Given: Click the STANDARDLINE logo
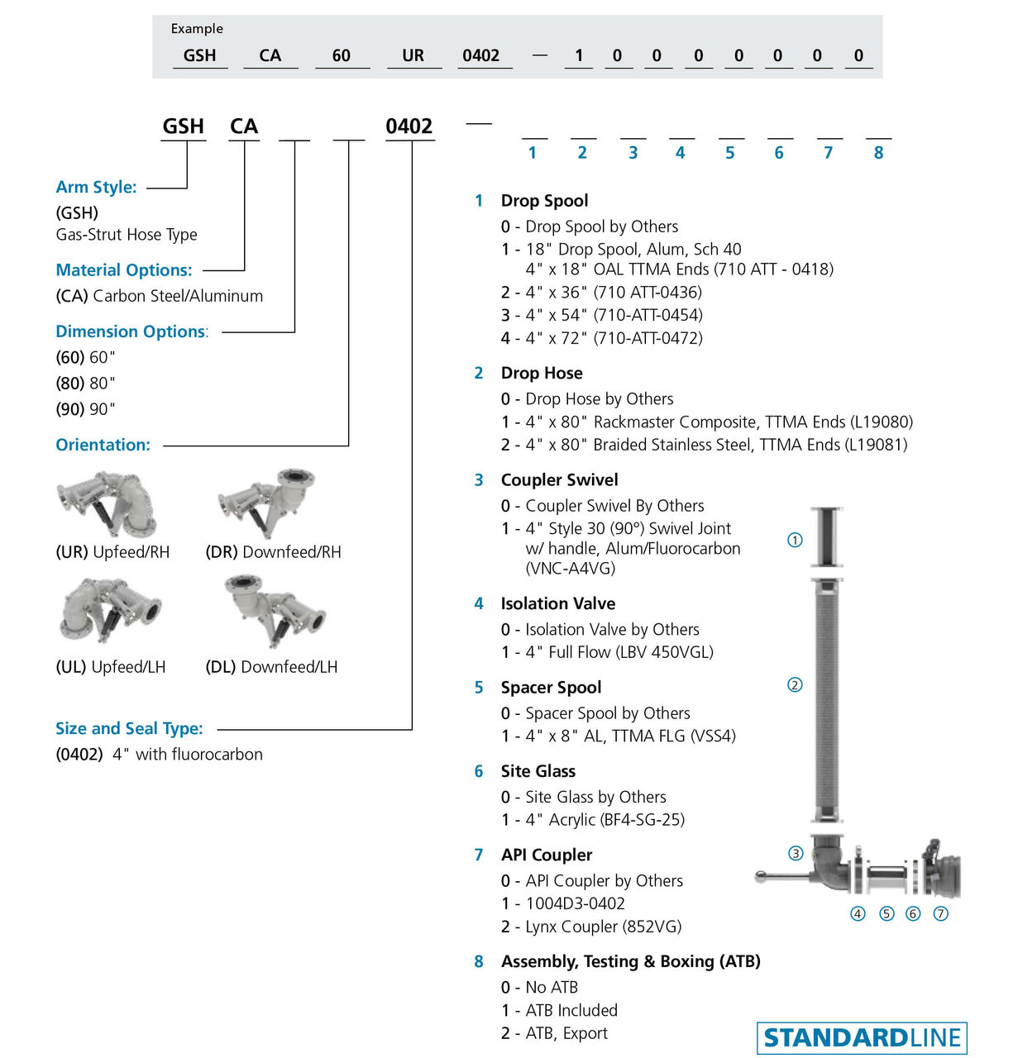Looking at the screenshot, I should point(862,1037).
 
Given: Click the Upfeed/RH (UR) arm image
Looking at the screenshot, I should point(106,503).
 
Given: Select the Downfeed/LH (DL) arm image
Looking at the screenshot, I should point(275,612).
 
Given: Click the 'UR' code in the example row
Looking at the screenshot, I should point(413,55).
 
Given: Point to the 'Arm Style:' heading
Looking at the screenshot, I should point(96,187).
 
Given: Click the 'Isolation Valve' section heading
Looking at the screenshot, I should point(557,603).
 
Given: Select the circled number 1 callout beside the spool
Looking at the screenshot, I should point(795,540).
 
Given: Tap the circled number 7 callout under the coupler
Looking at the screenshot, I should point(940,913).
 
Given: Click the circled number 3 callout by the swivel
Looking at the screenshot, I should point(796,853).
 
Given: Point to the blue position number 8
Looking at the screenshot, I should point(878,153).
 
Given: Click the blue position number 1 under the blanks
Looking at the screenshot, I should point(533,153).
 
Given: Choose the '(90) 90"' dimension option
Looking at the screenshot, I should point(85,409).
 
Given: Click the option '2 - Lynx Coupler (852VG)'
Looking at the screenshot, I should point(591,927).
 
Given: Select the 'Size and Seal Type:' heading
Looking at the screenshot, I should point(129,728).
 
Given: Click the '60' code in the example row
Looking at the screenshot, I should point(342,55).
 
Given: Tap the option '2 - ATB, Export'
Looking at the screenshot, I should point(554,1033).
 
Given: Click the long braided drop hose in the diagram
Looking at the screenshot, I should point(826,703).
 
